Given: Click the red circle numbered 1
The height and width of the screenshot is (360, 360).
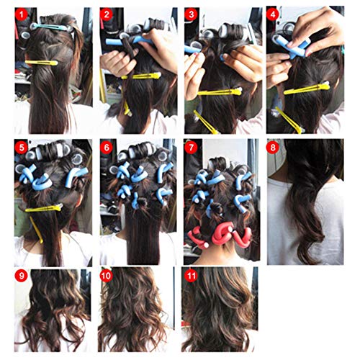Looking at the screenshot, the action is click(x=22, y=15).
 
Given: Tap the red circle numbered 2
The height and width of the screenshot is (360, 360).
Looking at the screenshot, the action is click(x=107, y=15).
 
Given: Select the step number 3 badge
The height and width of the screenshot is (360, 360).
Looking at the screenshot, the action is click(x=191, y=15).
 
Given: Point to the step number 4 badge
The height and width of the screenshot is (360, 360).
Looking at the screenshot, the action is click(x=273, y=15).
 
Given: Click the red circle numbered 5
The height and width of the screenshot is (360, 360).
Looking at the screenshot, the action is click(x=22, y=148).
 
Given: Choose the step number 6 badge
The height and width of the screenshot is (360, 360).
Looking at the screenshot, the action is click(x=107, y=148).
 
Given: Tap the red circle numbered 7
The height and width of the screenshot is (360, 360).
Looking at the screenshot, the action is click(x=191, y=148).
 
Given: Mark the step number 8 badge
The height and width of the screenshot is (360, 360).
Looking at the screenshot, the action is click(x=273, y=148).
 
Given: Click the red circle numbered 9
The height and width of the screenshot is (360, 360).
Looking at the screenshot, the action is click(x=22, y=276).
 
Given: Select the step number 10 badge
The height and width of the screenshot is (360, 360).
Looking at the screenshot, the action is click(x=107, y=276).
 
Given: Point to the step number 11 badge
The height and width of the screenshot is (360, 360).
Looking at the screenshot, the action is click(x=191, y=276).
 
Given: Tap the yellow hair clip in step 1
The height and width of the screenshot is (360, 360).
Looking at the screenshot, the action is click(x=42, y=63).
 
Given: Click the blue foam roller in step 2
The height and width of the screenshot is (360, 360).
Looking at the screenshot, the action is click(x=130, y=40).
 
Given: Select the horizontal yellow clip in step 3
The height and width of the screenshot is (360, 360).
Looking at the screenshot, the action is click(x=220, y=92).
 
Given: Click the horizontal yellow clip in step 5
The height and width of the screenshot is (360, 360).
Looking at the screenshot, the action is click(x=44, y=208).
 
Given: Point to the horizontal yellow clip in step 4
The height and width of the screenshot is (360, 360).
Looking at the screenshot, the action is click(x=307, y=89).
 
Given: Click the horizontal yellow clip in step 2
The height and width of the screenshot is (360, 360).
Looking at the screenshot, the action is click(x=140, y=76).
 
